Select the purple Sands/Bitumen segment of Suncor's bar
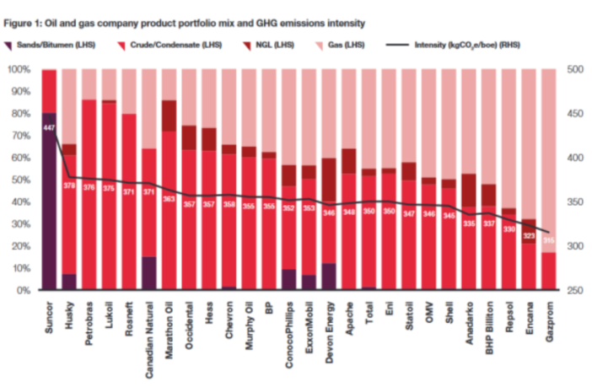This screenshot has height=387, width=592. pos(49,202)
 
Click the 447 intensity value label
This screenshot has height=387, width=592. pos(49,127)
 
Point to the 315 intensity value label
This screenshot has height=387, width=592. pos(548,240)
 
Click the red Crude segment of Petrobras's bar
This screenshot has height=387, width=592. pos(88,194)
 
